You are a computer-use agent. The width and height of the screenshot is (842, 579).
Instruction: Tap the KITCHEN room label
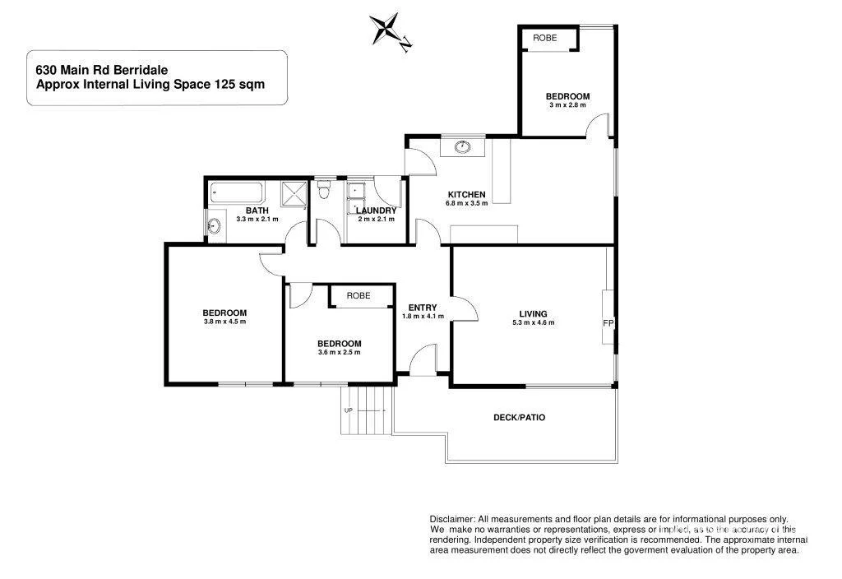click(467, 194)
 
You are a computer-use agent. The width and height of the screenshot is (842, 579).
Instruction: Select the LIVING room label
click(533, 313)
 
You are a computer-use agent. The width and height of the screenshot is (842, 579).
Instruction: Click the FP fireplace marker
click(608, 323)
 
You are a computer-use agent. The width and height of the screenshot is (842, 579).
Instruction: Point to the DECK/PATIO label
click(519, 418)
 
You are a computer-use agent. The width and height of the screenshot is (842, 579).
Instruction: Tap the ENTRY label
click(423, 308)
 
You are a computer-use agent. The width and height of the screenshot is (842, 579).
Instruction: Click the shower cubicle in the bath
click(294, 194)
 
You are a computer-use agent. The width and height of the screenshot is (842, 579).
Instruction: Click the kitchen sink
click(462, 147)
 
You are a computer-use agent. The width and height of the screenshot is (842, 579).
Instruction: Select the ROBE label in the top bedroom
click(544, 38)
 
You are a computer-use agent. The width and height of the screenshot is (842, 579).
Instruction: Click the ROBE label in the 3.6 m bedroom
click(358, 295)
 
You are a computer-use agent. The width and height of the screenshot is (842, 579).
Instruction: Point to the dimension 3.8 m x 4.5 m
click(224, 322)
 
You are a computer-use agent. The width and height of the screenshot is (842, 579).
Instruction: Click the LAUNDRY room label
click(377, 211)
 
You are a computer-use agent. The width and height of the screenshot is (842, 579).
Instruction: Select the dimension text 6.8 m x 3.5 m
click(467, 203)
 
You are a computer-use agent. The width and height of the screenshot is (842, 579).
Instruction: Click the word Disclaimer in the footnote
click(451, 519)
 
